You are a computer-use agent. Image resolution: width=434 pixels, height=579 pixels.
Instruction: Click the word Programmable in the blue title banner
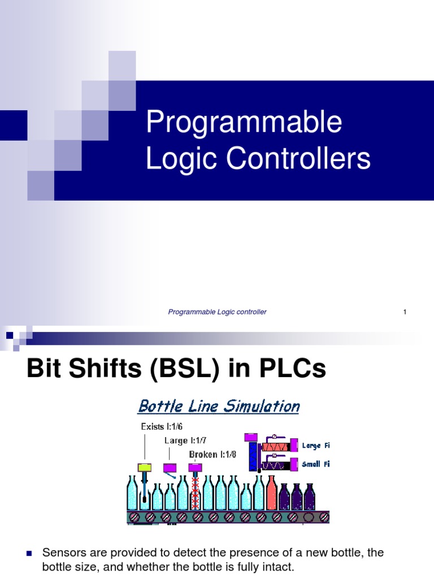click(244, 123)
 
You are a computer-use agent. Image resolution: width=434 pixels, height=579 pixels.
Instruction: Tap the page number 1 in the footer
click(405, 312)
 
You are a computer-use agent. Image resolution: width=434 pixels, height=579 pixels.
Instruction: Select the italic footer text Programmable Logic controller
click(218, 312)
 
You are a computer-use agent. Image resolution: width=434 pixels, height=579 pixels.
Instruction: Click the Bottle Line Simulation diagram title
click(219, 406)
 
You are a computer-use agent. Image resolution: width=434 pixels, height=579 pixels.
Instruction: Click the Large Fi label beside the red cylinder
click(315, 446)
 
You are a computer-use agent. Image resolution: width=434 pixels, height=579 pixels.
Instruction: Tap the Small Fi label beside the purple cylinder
click(315, 464)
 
